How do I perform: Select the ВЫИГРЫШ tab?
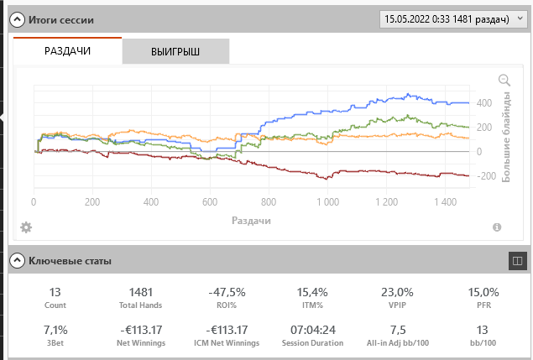pyautogui.click(x=175, y=52)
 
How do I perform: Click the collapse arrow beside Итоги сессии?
pyautogui.click(x=15, y=18)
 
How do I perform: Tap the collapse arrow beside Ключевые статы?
pyautogui.click(x=15, y=261)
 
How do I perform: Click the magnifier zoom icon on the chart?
pyautogui.click(x=504, y=80)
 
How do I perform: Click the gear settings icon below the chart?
pyautogui.click(x=26, y=227)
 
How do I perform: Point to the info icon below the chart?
pyautogui.click(x=497, y=227)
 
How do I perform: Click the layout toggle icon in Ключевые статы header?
pyautogui.click(x=516, y=261)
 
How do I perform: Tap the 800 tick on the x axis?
pyautogui.click(x=269, y=202)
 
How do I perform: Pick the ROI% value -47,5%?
pyautogui.click(x=226, y=292)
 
